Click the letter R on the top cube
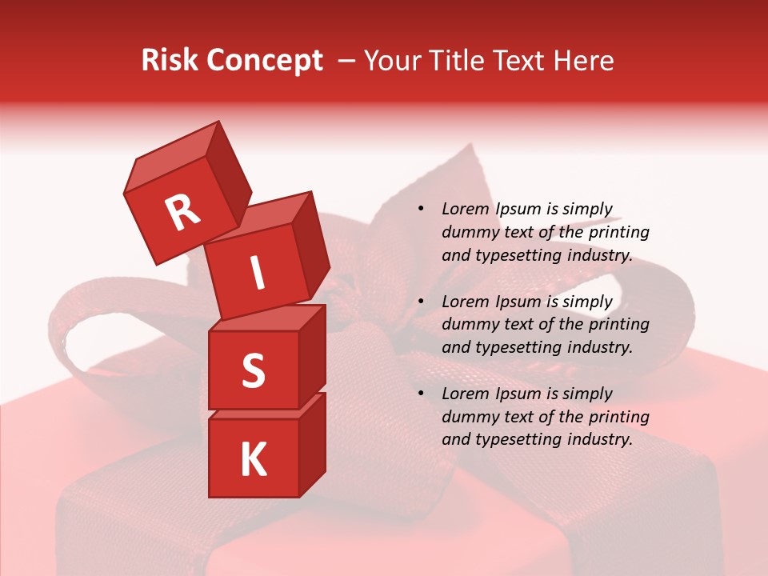click(183, 212)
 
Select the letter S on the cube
click(253, 371)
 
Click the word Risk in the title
click(171, 60)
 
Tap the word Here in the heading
click(582, 60)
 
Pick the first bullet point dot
click(420, 210)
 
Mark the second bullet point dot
click(420, 302)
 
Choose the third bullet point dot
click(420, 394)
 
